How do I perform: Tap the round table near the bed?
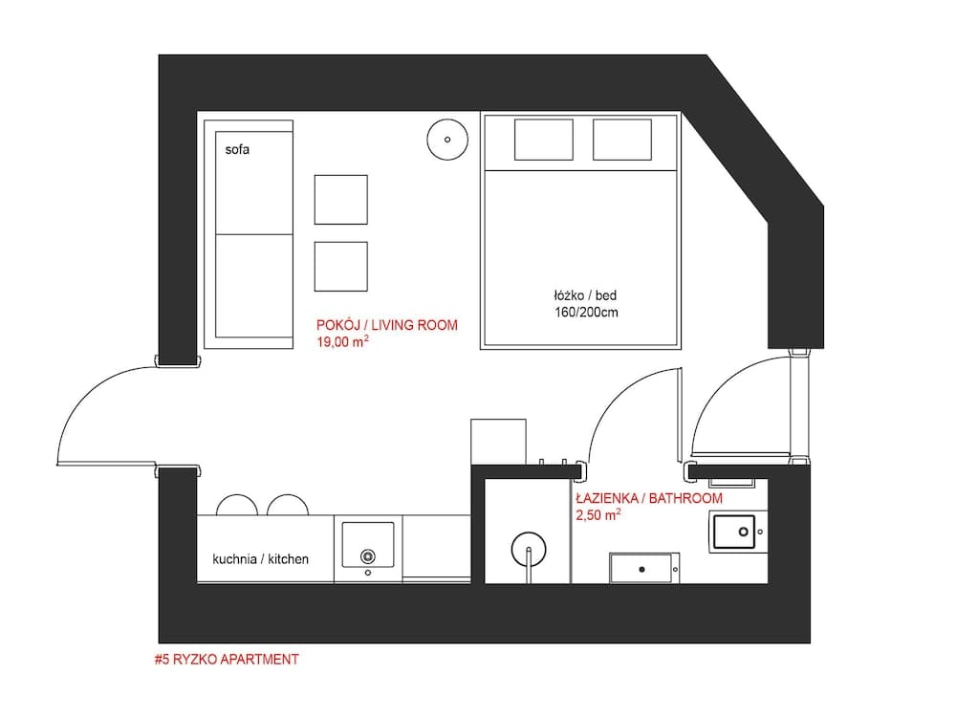446,140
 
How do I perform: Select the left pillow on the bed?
544,140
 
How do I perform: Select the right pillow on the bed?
621,140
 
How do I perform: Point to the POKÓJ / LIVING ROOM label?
386,325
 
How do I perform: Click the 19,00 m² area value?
342,341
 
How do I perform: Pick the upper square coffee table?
341,200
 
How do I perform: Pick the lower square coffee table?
341,267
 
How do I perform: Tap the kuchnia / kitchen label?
260,558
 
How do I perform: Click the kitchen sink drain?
367,556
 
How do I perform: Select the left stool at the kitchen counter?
233,506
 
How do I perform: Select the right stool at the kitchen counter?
286,506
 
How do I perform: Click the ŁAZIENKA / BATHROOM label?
648,499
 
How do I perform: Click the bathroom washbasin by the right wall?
734,531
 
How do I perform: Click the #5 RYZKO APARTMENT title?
226,660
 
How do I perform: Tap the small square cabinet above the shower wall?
498,442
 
